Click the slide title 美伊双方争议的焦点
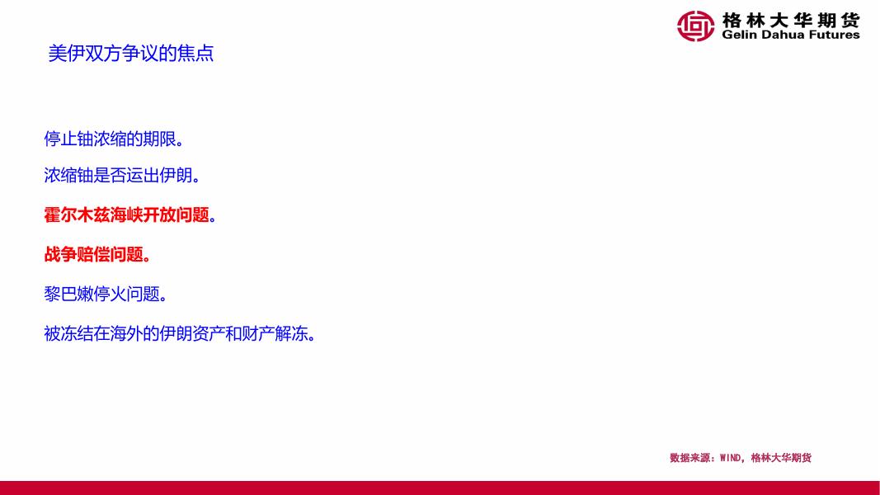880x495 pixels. [131, 54]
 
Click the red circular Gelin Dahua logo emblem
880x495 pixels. [695, 26]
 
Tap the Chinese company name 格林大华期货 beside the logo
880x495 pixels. [791, 20]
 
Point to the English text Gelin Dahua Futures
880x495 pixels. [791, 35]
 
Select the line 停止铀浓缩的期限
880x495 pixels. [114, 139]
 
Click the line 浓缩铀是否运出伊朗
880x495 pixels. [122, 175]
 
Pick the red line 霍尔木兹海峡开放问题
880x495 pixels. [130, 214]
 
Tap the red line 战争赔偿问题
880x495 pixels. [97, 254]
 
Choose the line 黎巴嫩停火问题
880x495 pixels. [106, 294]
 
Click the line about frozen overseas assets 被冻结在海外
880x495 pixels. [180, 333]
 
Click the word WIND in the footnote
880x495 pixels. [730, 458]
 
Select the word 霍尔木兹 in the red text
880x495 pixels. [77, 214]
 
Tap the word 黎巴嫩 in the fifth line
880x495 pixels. [68, 294]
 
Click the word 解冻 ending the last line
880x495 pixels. [291, 333]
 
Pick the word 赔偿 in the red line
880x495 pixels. [93, 254]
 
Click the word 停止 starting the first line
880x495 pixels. [60, 139]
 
